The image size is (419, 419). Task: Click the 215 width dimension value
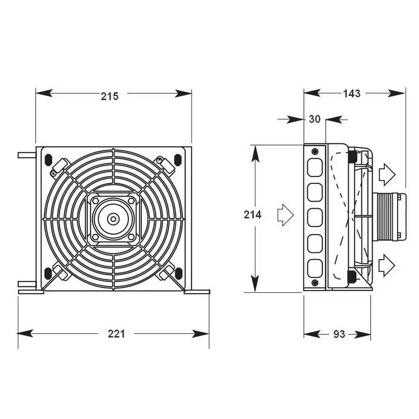(x=110, y=96)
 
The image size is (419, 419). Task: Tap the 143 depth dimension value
(x=351, y=94)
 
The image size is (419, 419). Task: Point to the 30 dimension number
(x=314, y=119)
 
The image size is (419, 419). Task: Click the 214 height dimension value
(x=253, y=215)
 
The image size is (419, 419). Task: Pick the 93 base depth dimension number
(x=339, y=334)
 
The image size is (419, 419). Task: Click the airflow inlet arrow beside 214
(x=285, y=215)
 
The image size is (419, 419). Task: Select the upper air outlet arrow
(x=387, y=174)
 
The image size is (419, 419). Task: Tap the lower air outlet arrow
(x=387, y=265)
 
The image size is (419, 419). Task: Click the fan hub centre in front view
(x=113, y=218)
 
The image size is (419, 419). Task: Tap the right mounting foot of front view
(x=196, y=291)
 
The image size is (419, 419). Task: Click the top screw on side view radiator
(x=314, y=152)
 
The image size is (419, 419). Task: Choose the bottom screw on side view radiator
(x=314, y=283)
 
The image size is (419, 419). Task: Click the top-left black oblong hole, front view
(x=48, y=158)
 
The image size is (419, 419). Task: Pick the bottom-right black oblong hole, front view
(x=178, y=272)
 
